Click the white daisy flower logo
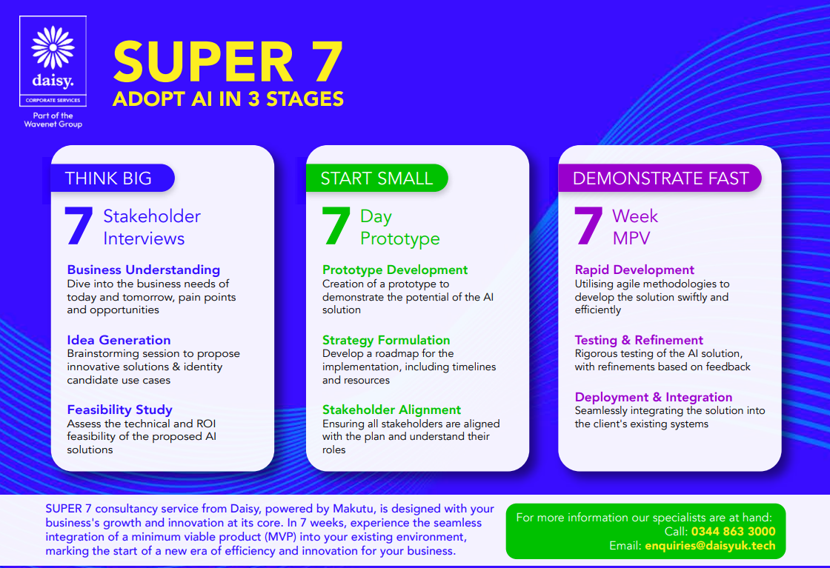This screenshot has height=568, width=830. tap(53, 47)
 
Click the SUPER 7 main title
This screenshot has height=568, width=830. tap(228, 62)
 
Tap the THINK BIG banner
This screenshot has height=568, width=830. tap(112, 178)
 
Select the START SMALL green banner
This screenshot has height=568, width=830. tap(377, 178)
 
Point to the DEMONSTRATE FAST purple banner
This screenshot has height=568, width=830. tap(660, 178)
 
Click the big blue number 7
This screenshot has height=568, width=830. tap(79, 226)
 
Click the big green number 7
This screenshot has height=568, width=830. tap(336, 226)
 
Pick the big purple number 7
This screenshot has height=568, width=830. tap(588, 226)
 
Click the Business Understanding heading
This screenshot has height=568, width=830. tap(144, 270)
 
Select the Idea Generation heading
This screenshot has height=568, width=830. tap(119, 340)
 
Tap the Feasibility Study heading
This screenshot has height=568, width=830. tap(119, 410)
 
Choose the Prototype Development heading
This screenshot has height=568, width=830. tap(395, 270)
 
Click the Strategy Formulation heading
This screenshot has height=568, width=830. tap(386, 340)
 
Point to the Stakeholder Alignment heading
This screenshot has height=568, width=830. tap(392, 410)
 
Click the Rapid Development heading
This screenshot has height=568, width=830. tap(634, 270)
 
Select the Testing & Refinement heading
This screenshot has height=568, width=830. tap(639, 340)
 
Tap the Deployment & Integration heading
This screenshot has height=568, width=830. tap(654, 397)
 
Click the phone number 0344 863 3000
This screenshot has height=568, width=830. tap(733, 532)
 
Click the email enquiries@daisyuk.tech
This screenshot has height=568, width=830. tap(710, 546)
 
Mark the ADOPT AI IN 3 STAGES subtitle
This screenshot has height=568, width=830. tap(228, 99)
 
